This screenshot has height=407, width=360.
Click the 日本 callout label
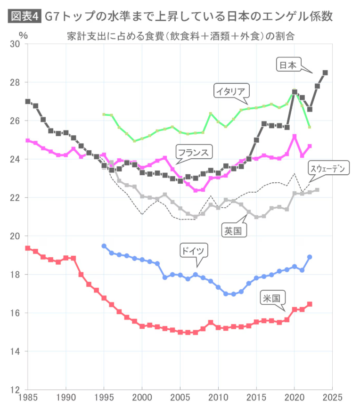click(x=288, y=65)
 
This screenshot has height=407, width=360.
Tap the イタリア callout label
click(x=231, y=90)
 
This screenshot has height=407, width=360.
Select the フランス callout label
click(x=194, y=152)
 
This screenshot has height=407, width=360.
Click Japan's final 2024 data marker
click(x=325, y=73)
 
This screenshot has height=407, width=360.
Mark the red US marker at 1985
click(x=28, y=248)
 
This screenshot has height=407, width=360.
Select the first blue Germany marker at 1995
click(x=104, y=246)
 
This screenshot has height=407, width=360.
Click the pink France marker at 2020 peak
click(x=295, y=137)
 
